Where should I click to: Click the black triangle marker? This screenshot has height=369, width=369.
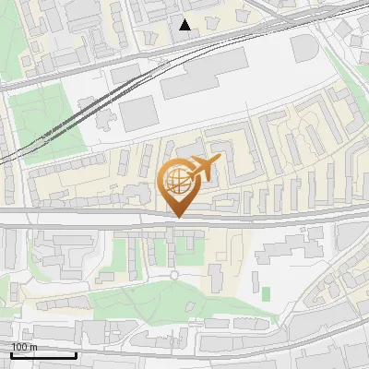pos(185,26)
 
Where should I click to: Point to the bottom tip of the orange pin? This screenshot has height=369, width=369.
pos(178,218)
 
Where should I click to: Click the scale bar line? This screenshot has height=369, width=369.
pos(43,355)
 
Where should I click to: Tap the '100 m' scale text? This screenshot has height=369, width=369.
pos(25,347)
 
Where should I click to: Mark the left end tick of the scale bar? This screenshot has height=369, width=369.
pos(11,353)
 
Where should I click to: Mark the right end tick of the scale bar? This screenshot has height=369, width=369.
pos(76,353)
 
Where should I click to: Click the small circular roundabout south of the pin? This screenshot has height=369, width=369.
pos(173,275)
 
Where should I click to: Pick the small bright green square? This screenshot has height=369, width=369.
pos(267,293)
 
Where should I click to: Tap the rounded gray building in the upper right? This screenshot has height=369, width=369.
pos(308,50)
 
